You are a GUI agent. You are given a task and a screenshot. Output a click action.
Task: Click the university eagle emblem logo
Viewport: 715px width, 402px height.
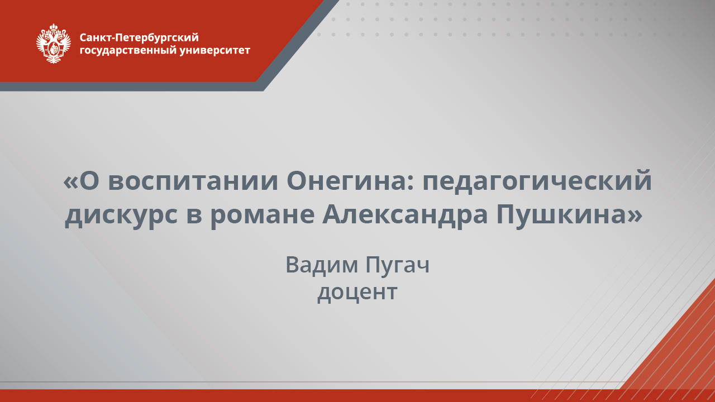[54, 44]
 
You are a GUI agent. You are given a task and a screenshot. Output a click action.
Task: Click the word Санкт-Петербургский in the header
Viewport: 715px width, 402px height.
[139, 38]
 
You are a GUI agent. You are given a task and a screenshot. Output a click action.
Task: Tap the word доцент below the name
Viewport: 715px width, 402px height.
[357, 292]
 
